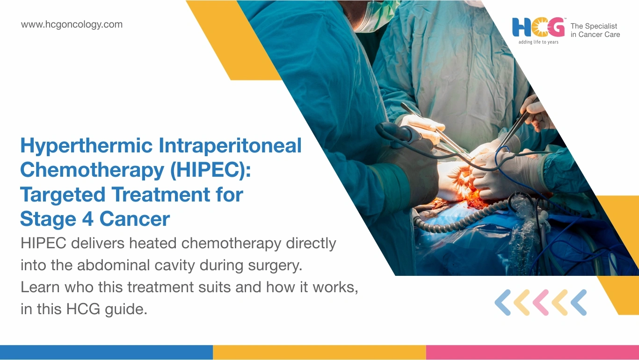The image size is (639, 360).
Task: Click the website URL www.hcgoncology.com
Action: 72,25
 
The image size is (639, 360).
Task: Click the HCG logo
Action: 538,28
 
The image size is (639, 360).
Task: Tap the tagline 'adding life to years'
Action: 538,42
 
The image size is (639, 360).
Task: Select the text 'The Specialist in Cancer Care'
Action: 595,30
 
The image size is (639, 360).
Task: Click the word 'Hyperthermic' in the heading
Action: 87,146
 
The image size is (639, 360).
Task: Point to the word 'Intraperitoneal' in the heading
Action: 230,145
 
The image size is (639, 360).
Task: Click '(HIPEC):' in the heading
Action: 210,170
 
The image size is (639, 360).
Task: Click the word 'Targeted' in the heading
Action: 63,195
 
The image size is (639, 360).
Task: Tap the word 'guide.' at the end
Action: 126,309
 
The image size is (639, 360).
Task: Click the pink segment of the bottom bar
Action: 532,352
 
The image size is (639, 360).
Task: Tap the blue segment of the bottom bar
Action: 106,352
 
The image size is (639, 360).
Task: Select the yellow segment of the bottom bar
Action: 319,352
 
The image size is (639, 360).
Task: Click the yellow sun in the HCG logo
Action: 539,28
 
